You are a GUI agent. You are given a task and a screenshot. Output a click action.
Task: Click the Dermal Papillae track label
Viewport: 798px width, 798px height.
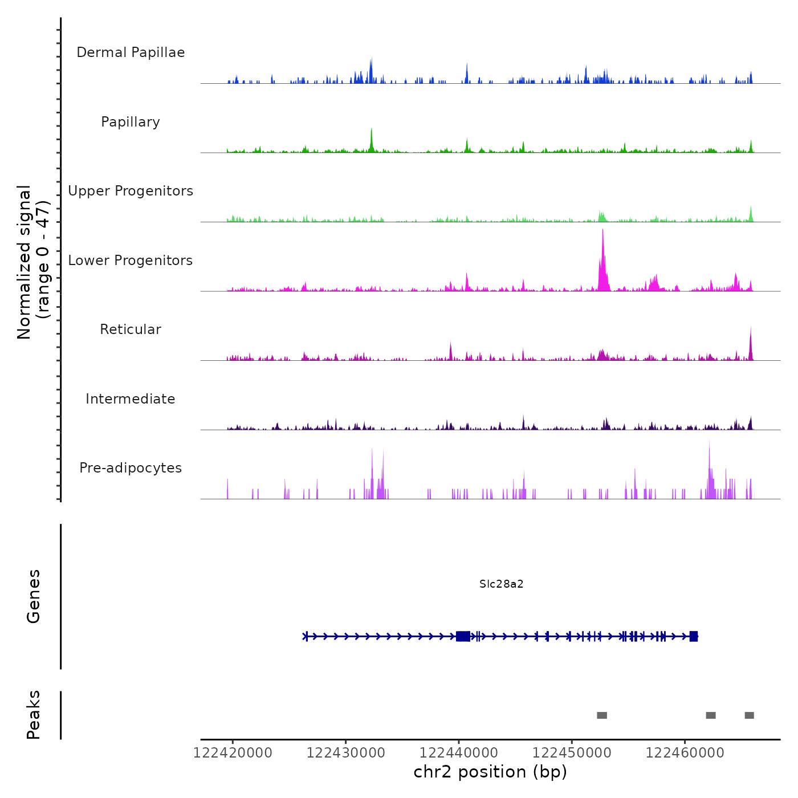pos(131,52)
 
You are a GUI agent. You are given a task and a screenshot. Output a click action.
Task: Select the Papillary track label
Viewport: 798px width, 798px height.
pos(131,122)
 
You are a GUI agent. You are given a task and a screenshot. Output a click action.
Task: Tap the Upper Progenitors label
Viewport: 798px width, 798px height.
pos(131,191)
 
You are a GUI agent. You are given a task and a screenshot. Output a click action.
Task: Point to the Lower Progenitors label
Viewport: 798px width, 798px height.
pos(131,260)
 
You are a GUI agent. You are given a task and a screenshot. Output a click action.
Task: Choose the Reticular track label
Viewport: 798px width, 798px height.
pos(131,329)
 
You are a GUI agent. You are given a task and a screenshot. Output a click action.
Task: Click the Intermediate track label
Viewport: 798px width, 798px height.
pos(131,399)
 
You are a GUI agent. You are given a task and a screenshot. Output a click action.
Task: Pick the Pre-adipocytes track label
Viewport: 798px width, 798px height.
pos(131,468)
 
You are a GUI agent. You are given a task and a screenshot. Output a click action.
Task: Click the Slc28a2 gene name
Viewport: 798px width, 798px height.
pos(501,584)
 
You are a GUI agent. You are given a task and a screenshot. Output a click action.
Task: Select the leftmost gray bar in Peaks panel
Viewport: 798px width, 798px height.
pos(602,715)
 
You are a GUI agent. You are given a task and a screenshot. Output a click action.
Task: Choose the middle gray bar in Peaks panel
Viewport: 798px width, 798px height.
pos(711,715)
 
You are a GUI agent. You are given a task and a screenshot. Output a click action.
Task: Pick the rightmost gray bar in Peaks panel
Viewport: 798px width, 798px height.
pos(750,715)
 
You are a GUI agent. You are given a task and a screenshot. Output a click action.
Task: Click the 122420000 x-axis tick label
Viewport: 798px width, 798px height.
pos(233,753)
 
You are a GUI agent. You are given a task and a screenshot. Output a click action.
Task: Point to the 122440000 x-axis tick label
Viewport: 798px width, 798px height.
pos(459,753)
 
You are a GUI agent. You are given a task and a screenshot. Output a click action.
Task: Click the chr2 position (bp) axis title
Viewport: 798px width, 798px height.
pos(490,772)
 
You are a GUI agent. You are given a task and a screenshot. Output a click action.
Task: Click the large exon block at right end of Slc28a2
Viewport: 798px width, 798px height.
pos(694,636)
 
